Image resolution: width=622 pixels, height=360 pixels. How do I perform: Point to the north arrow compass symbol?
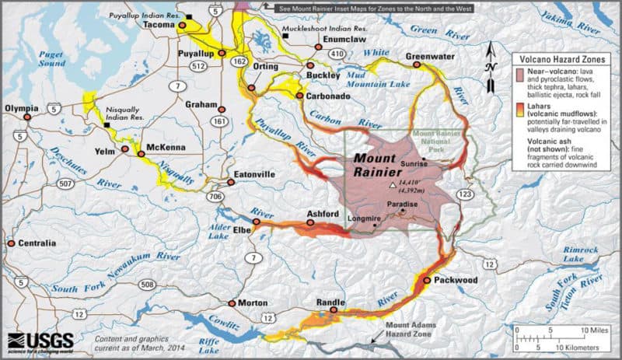click(x=491, y=58)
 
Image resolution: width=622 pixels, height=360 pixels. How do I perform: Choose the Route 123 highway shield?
click(x=468, y=193)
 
